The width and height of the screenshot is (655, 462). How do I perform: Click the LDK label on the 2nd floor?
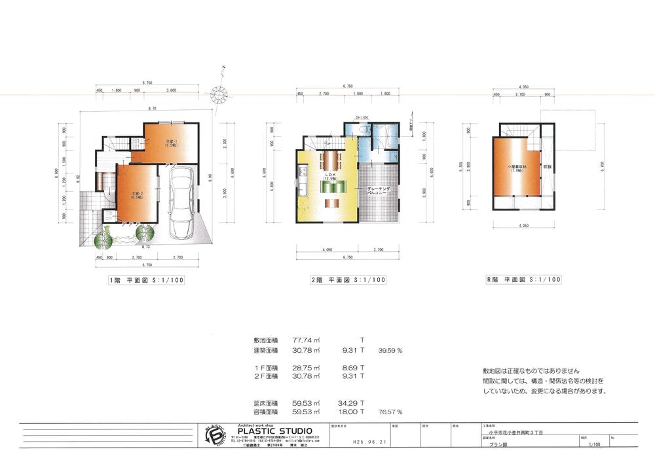(329, 175)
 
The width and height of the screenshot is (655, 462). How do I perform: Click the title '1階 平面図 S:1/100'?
(151, 279)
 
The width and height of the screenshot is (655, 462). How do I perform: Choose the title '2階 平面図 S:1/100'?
(348, 279)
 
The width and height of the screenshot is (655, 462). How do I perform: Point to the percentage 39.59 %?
(390, 350)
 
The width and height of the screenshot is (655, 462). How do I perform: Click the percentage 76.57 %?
(390, 412)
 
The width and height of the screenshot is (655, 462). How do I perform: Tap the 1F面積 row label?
(265, 368)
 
